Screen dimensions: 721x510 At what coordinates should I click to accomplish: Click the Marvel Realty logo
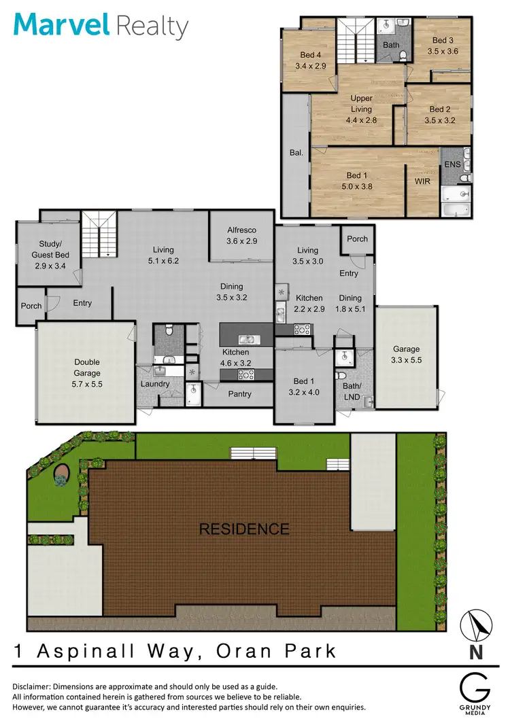(x=101, y=26)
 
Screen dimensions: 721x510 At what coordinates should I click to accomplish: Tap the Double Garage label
(x=87, y=368)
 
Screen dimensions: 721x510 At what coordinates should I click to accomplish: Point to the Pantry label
(x=239, y=394)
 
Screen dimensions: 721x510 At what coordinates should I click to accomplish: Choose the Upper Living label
(x=361, y=103)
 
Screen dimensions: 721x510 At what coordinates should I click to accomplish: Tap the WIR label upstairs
(x=423, y=181)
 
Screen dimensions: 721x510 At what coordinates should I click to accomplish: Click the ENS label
(x=452, y=165)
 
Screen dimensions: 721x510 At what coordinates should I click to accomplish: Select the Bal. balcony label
(x=296, y=153)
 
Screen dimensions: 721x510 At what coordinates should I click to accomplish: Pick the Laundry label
(x=154, y=385)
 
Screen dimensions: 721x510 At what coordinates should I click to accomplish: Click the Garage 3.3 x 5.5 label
(x=407, y=355)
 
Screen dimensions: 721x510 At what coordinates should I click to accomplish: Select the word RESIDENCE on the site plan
(x=243, y=529)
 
